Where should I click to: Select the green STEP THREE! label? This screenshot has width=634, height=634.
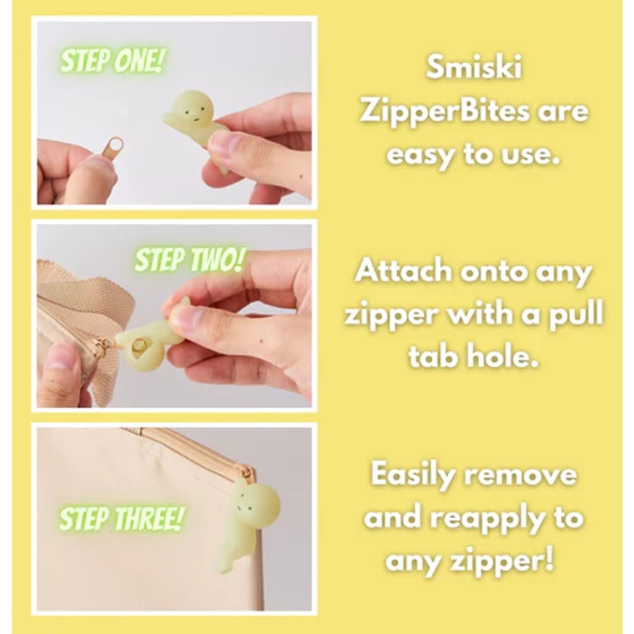[x=121, y=519]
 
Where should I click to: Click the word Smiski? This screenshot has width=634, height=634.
[x=474, y=68]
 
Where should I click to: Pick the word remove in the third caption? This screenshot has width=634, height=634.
[x=528, y=475]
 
